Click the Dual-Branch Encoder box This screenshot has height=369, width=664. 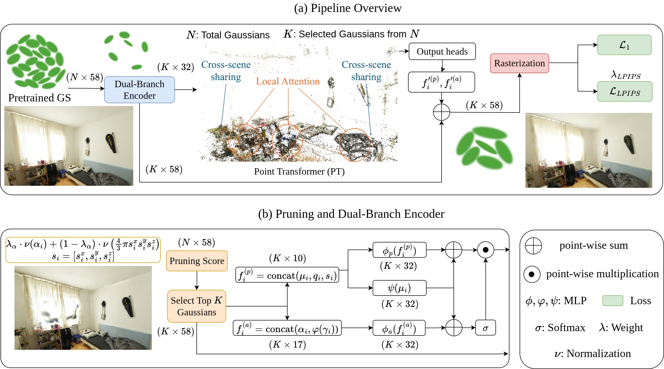pos(140,90)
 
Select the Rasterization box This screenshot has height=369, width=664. pos(519,63)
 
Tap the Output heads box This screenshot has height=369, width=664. pos(442,52)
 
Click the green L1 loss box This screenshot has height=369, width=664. pos(624,45)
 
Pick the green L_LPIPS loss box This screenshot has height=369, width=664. pos(625,92)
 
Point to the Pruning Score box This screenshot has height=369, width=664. pos(197,261)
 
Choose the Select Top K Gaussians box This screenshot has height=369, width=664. pos(197,306)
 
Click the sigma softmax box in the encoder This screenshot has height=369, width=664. pos(485,328)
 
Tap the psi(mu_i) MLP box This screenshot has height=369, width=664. pos(399,288)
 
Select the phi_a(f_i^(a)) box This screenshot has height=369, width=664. pos(399,328)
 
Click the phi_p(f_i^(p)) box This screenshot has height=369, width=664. pos(399,250)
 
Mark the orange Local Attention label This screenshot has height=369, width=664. pos(288,81)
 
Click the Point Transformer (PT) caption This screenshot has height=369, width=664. pos(299,172)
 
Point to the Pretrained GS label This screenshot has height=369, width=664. pos(39,98)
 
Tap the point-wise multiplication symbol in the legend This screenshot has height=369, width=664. pos(532,274)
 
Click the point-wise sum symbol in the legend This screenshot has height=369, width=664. pos(533,246)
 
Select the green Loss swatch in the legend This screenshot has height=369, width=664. pos(612,301)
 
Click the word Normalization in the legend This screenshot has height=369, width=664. pos(598,353)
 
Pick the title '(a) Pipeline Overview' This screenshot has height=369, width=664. pos(348,8)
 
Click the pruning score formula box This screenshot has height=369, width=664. pos(83,250)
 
